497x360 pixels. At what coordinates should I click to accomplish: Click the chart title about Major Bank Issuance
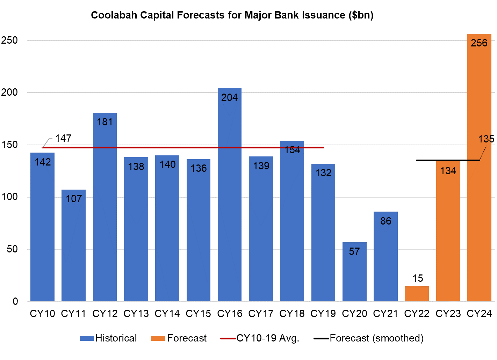(x=232, y=15)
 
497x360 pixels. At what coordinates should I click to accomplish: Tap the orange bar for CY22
(x=417, y=294)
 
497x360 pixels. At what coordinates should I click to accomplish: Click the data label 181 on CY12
(x=105, y=122)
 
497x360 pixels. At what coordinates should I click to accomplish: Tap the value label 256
(x=479, y=43)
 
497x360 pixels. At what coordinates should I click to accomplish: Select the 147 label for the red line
(x=63, y=138)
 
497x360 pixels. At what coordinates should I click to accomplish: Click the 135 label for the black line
(x=486, y=139)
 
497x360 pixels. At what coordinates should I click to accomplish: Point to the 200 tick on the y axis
(x=9, y=93)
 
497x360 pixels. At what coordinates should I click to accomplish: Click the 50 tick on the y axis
(x=12, y=249)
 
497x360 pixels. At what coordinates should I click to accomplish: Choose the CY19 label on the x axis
(x=323, y=314)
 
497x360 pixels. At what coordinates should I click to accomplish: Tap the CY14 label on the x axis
(x=167, y=314)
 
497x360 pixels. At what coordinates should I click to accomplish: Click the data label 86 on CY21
(x=386, y=221)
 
